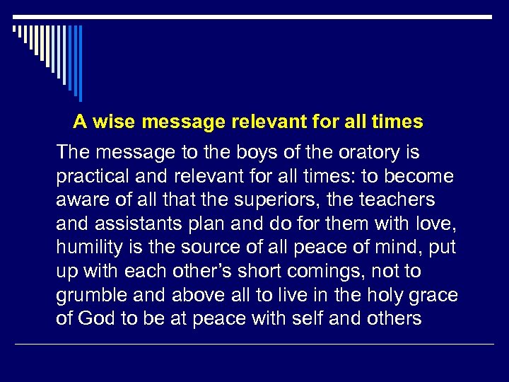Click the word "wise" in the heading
[x=114, y=122]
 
